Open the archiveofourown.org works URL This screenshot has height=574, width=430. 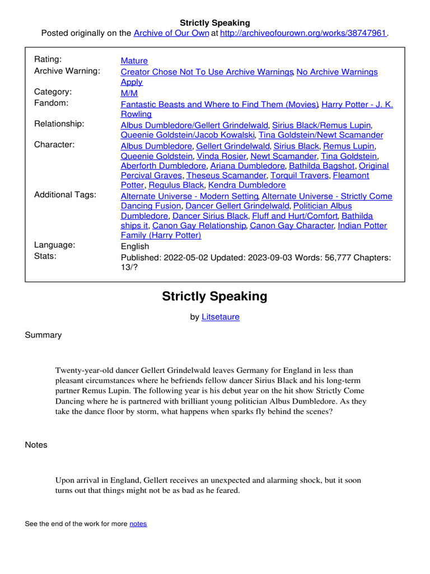click(x=303, y=33)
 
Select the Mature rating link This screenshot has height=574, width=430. click(x=134, y=61)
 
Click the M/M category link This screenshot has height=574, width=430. click(x=129, y=93)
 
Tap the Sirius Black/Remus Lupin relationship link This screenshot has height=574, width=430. click(x=321, y=126)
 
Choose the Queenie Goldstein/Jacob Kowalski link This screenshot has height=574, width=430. click(x=189, y=135)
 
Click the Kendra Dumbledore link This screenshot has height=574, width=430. click(x=247, y=185)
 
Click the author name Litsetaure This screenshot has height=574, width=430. click(x=221, y=317)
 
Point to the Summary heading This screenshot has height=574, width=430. click(x=43, y=335)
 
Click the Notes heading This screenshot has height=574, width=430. click(x=36, y=445)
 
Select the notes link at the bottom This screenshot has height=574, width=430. click(x=138, y=524)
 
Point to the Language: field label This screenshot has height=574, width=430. click(x=55, y=245)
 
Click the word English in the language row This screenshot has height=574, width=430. click(x=135, y=246)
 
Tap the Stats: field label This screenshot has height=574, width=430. click(x=45, y=256)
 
